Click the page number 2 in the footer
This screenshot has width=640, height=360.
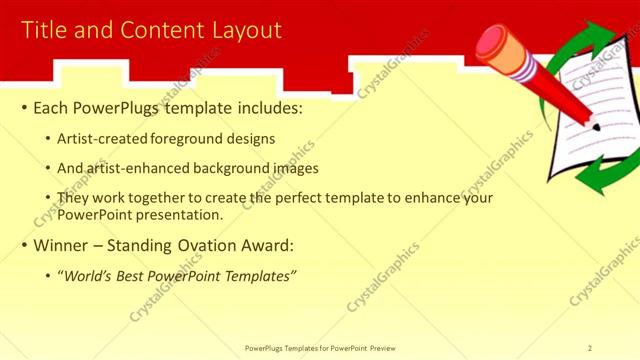click(590, 348)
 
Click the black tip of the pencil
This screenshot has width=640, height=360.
click(595, 128)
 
